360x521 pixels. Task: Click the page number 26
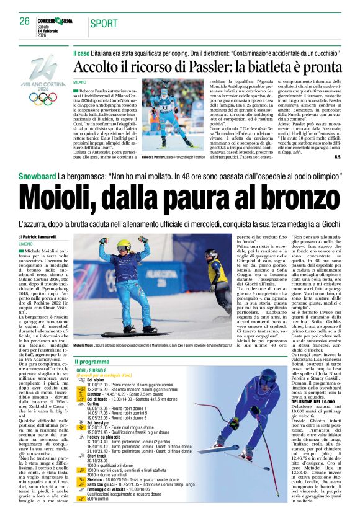(25, 21)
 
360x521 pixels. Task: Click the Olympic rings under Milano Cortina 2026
(42, 98)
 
